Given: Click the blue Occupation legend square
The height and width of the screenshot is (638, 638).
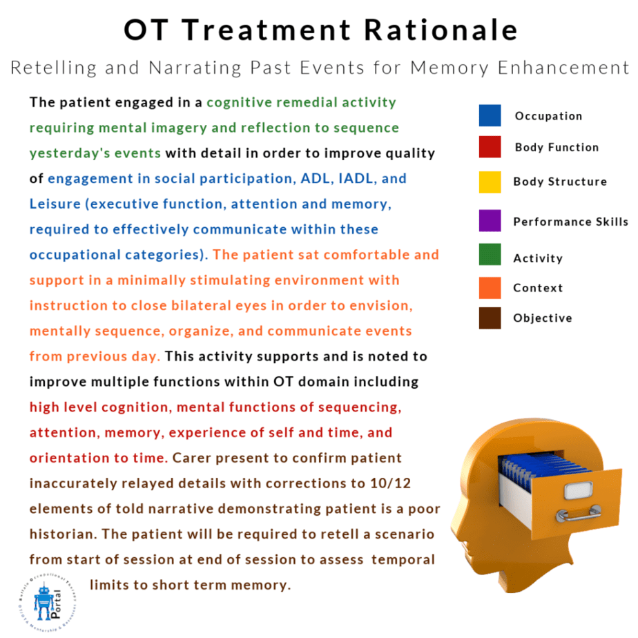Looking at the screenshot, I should [x=490, y=115].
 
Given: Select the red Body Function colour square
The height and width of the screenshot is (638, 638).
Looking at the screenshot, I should [x=490, y=147].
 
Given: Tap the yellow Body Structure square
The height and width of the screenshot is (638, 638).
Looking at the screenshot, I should [x=490, y=182].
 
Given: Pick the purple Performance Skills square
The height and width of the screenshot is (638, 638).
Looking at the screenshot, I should [x=490, y=221].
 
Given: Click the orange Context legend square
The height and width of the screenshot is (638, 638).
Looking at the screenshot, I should [x=490, y=287].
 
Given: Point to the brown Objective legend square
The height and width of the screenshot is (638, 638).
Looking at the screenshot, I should [x=490, y=318].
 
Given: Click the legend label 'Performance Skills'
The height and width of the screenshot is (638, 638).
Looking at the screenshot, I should [x=570, y=222].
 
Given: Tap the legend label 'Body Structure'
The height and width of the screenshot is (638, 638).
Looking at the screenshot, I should [x=560, y=182].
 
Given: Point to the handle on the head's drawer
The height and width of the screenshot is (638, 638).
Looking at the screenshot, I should [x=580, y=514].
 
